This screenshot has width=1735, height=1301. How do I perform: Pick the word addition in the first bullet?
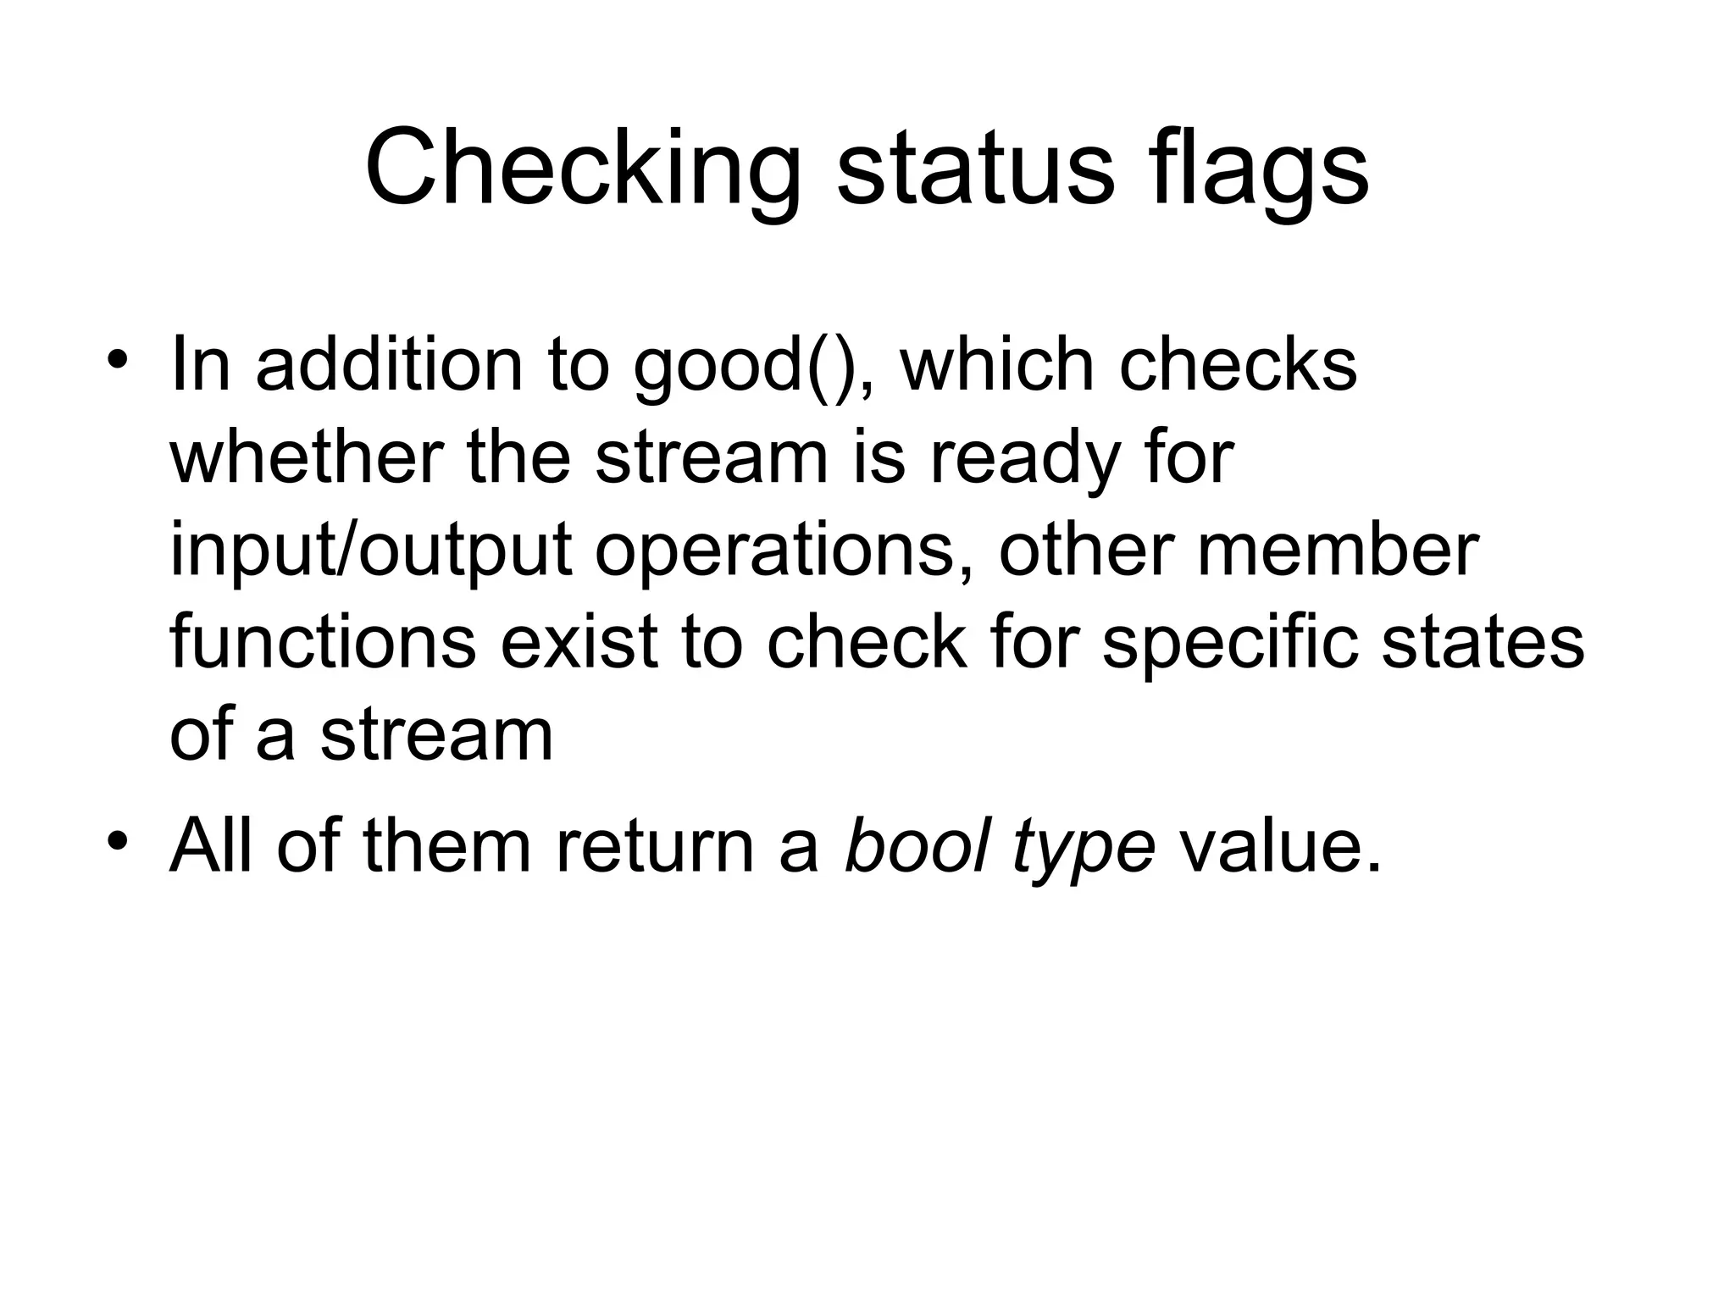coord(389,365)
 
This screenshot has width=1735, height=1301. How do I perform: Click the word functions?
coord(323,641)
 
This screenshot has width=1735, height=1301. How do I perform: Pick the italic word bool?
coord(916,847)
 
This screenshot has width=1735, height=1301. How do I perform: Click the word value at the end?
coord(1280,847)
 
